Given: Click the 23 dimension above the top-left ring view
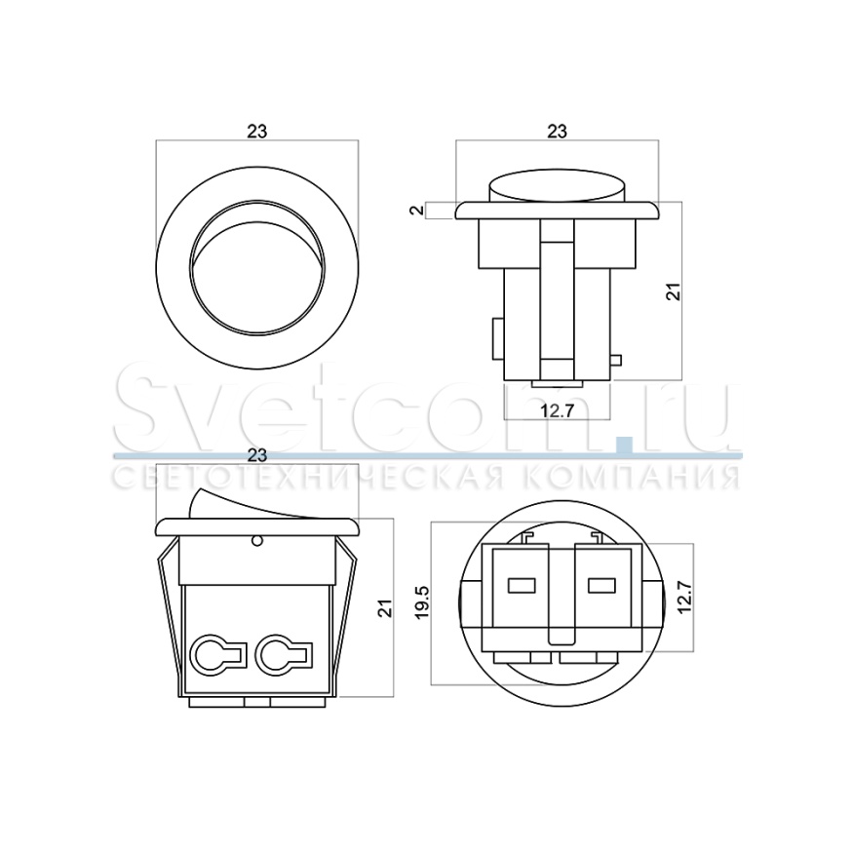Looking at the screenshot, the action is tap(257, 131).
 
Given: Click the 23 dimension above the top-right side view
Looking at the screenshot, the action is tap(557, 131).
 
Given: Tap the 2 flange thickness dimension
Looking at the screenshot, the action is tap(416, 210).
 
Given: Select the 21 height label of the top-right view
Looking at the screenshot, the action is tap(674, 291).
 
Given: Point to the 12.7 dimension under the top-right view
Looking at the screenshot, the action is tap(557, 410).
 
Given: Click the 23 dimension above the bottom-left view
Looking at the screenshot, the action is tap(257, 455).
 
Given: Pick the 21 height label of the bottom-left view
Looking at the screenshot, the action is tap(385, 607).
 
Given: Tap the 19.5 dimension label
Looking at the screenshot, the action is tap(422, 601).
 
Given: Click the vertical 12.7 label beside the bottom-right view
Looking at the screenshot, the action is tap(683, 598).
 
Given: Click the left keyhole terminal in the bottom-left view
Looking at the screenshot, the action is tap(217, 654).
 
